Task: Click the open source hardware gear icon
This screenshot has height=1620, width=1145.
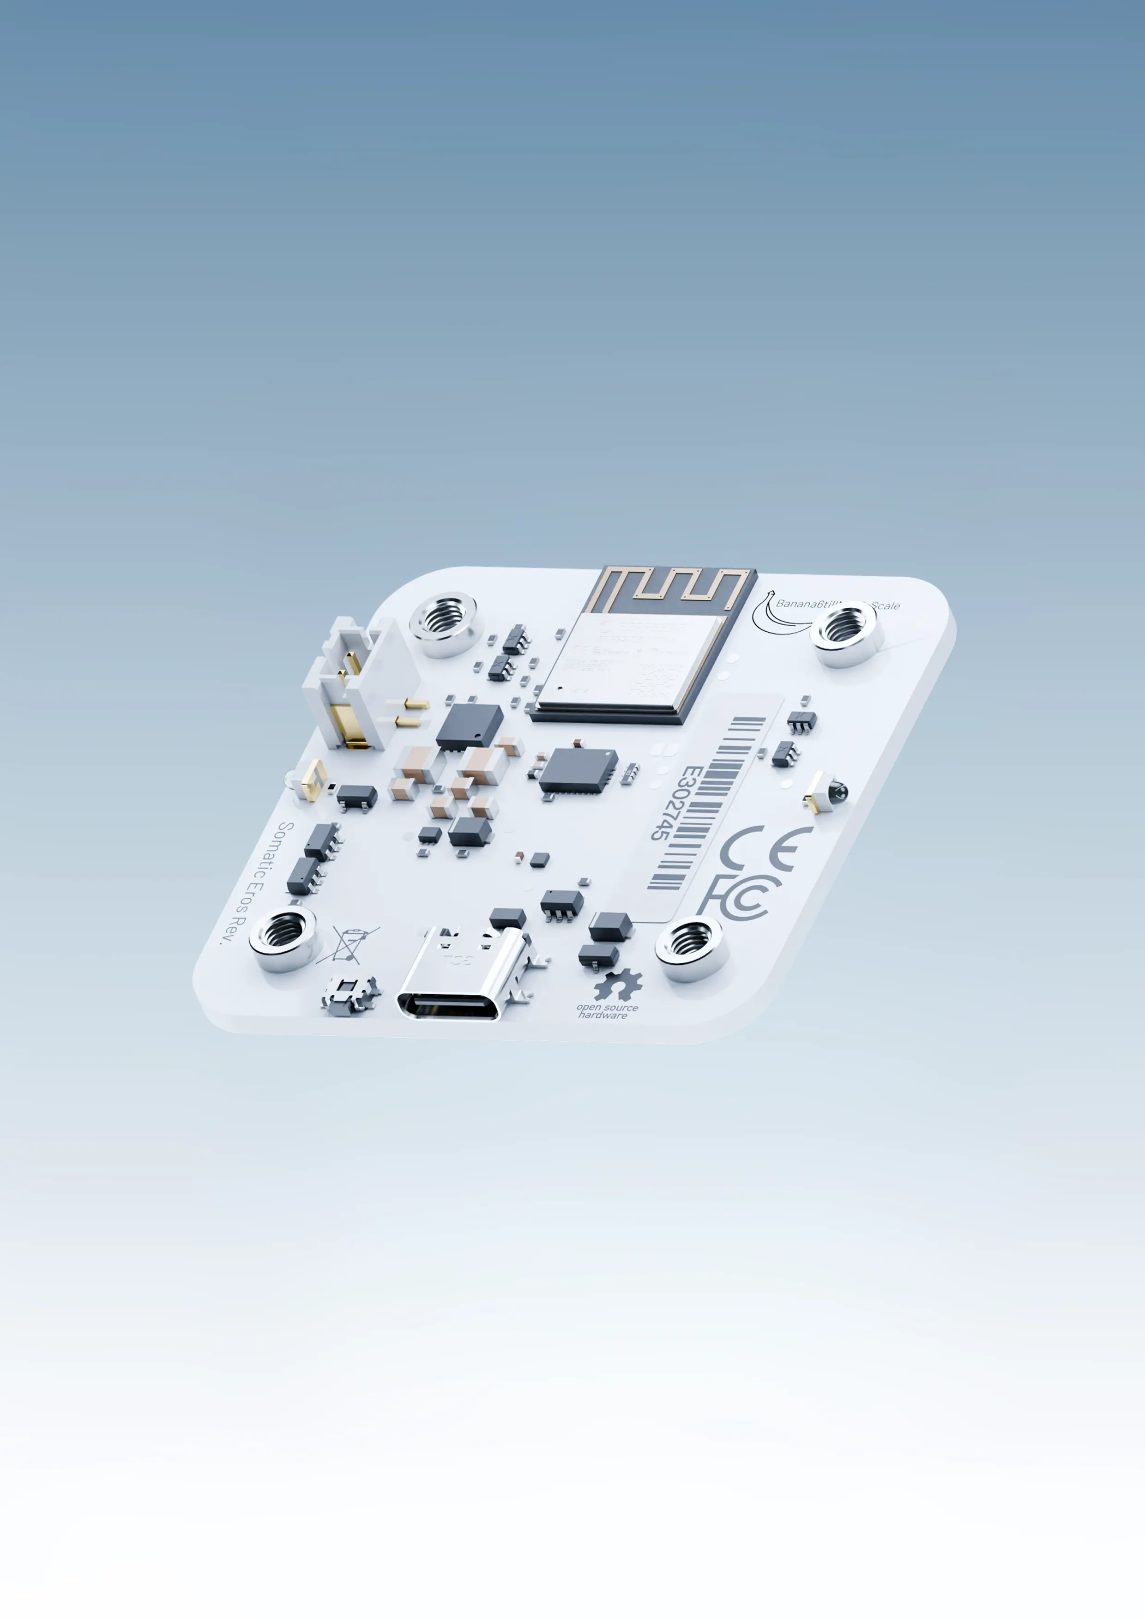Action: [x=618, y=984]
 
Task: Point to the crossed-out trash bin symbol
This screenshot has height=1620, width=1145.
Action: [x=349, y=945]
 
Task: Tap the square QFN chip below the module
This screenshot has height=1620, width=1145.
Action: [x=577, y=770]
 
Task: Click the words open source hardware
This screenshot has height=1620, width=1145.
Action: [x=606, y=1011]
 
